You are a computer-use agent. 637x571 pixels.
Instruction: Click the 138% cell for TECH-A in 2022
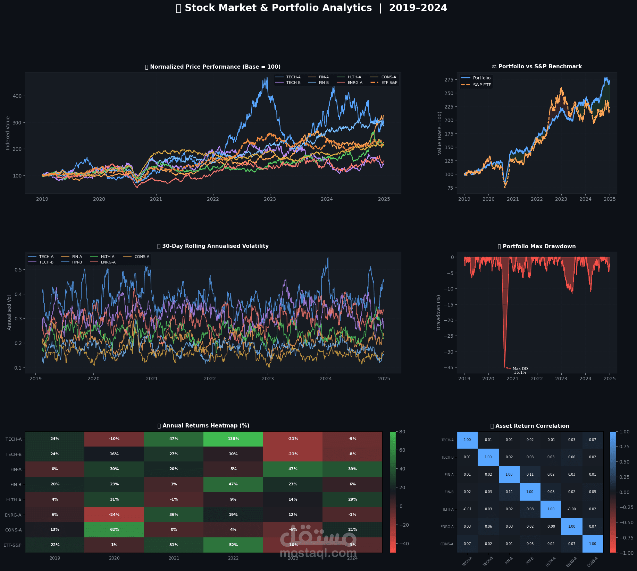click(x=233, y=439)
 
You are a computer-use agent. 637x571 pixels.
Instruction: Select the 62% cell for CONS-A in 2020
click(x=114, y=529)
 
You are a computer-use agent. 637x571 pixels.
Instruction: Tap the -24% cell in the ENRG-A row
click(x=114, y=514)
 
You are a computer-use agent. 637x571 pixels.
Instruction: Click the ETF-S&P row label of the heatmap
click(x=12, y=545)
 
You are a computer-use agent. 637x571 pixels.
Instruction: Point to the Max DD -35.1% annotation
click(x=520, y=371)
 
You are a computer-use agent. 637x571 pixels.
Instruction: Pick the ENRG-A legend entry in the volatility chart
click(x=108, y=262)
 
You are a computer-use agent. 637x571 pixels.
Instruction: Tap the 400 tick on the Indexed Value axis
click(x=17, y=96)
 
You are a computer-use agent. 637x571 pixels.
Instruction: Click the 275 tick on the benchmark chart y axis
click(x=449, y=80)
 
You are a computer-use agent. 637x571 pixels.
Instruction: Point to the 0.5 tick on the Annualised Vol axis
click(x=18, y=270)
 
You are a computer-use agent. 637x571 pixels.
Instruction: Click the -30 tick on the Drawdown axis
click(x=449, y=352)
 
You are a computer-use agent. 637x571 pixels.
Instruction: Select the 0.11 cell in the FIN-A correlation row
click(x=530, y=474)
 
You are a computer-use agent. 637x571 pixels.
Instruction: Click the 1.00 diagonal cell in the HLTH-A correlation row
click(x=551, y=509)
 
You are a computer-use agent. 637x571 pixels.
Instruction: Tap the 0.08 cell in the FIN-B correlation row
click(x=551, y=492)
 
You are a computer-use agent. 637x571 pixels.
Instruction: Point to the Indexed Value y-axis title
click(x=8, y=133)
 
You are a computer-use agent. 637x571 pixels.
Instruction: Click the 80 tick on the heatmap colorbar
click(x=402, y=432)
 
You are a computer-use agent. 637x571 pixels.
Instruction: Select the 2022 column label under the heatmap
click(x=233, y=558)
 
